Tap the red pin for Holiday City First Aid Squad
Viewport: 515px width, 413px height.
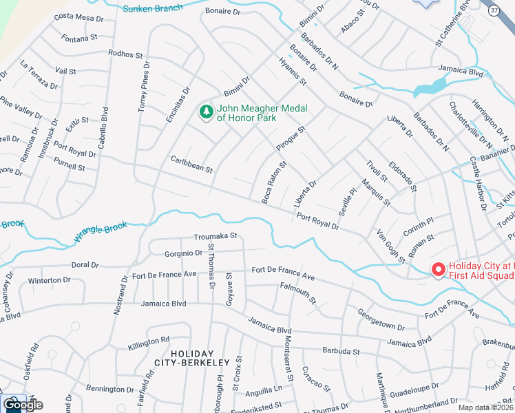tap(438, 270)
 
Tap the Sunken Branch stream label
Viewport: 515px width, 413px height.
tap(152, 8)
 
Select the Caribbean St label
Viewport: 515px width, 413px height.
tap(191, 164)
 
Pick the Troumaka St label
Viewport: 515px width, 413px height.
tap(215, 235)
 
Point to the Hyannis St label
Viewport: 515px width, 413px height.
tap(293, 71)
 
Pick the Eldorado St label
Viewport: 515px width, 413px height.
tap(403, 177)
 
